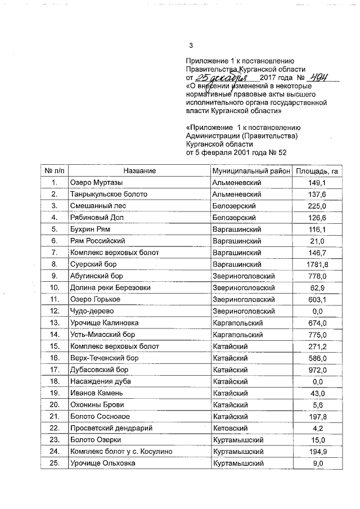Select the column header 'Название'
139,170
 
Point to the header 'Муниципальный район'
251,170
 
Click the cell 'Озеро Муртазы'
96,183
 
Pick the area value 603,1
317,299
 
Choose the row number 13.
55,323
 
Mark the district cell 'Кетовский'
231,428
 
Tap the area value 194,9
317,452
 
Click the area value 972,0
317,370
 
